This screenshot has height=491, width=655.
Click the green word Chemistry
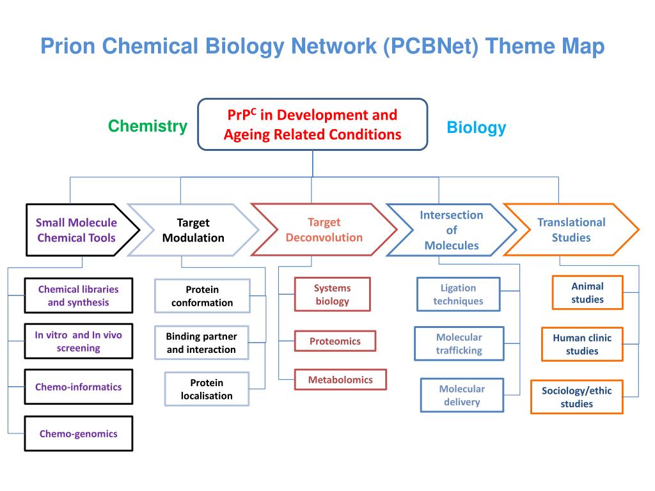pos(147,126)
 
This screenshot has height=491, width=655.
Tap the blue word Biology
pos(476,127)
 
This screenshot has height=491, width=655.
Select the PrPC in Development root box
pos(312,125)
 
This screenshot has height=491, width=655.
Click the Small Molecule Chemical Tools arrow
pos(77,230)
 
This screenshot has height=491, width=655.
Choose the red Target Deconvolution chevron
pos(324,230)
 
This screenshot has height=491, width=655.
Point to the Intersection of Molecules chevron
pos(451,230)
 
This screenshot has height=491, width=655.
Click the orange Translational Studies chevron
pos(571,230)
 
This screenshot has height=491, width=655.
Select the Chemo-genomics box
pos(79,433)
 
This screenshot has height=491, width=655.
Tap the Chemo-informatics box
pos(79,387)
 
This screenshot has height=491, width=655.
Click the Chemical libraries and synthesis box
pos(79,295)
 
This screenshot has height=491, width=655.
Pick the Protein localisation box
pos(207,389)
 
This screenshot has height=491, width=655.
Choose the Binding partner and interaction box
pos(201,343)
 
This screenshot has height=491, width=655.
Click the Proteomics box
pos(335,341)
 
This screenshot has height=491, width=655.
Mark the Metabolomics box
pos(340,380)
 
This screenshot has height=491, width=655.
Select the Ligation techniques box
pos(458,294)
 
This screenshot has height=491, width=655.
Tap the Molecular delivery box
pos(462,395)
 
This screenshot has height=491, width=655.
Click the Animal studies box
pos(587,292)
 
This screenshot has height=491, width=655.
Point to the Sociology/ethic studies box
pos(576,397)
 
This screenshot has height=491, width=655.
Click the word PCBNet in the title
pos(430,47)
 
